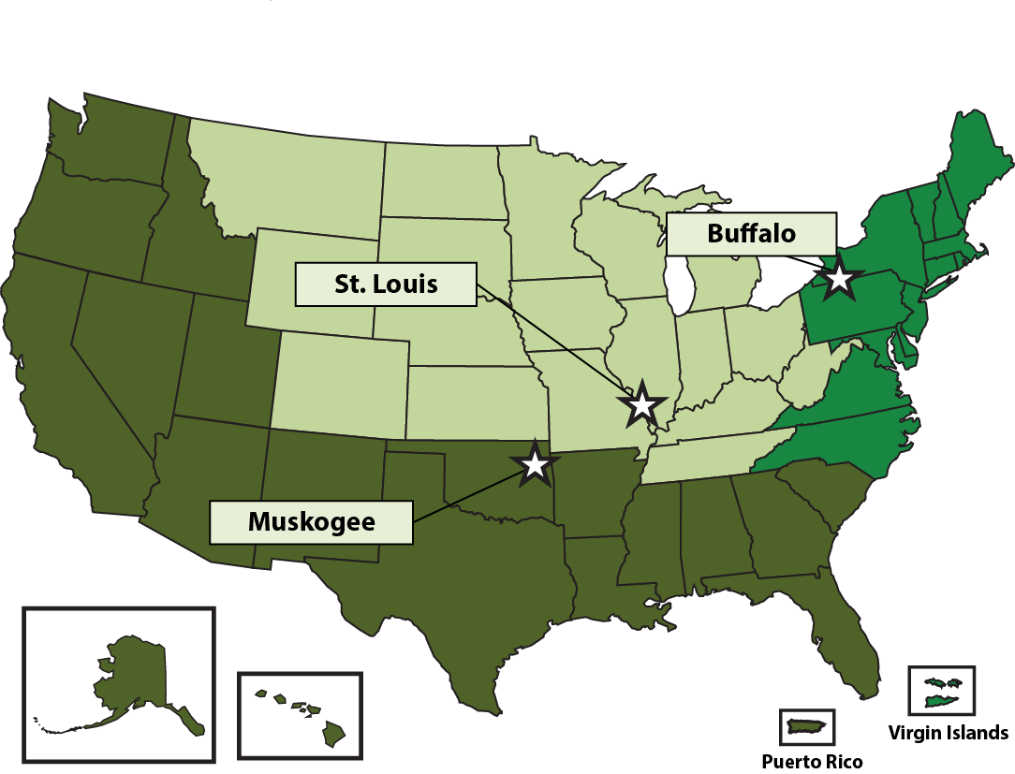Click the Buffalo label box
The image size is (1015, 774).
[x=751, y=233]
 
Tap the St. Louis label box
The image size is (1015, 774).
[x=386, y=285]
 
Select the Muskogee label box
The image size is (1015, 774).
[x=311, y=522]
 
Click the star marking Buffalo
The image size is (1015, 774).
[x=839, y=279]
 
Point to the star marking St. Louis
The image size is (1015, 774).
[x=641, y=404]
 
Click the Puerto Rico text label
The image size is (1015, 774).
[x=811, y=761]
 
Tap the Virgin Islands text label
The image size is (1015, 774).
[x=948, y=733]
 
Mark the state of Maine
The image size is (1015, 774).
[x=978, y=168]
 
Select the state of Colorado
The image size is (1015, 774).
[x=339, y=384]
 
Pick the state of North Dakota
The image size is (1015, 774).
[x=440, y=178]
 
